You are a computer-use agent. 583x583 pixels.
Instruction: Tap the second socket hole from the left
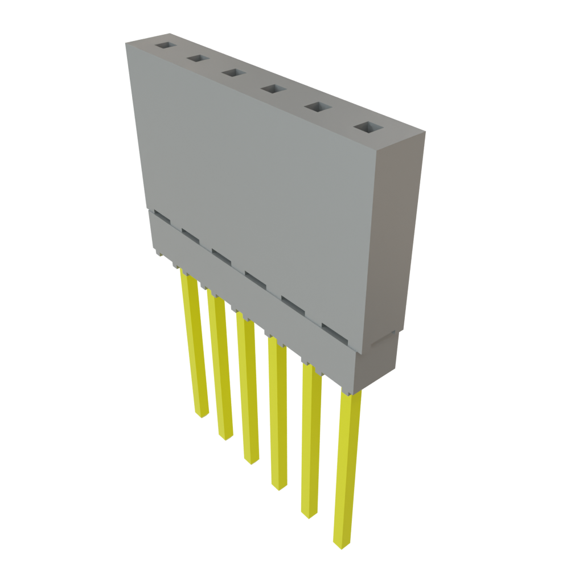(198, 59)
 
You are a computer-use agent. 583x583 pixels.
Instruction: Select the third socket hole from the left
(232, 73)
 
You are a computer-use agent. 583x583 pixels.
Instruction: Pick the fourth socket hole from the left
(272, 89)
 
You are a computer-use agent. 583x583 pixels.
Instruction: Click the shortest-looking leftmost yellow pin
(194, 347)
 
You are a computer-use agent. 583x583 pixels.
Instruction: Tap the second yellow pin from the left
(221, 370)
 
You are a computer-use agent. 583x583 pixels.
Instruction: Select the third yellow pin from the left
(248, 393)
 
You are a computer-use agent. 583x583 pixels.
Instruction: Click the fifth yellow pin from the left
(310, 444)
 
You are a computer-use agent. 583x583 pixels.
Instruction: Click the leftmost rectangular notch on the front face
(161, 217)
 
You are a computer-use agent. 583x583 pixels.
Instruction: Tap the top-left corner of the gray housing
(126, 43)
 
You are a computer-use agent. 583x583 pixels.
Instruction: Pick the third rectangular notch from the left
(221, 256)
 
